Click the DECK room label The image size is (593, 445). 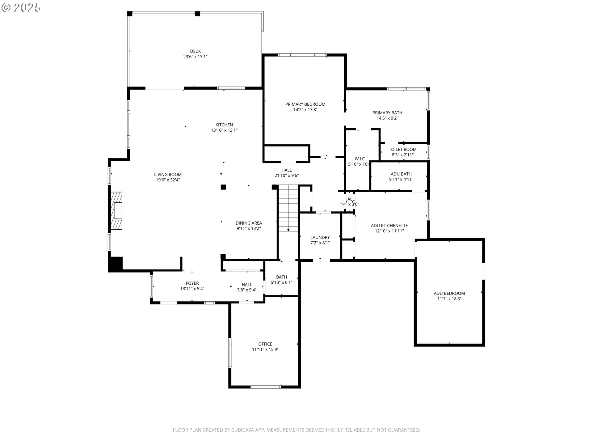coord(195,51)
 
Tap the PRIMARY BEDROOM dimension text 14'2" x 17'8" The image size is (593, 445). coord(305,110)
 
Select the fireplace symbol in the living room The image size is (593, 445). coord(116,210)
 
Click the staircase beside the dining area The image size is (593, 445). coord(288,208)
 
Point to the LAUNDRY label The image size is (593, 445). coord(320,237)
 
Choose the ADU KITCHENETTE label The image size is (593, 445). coord(389,226)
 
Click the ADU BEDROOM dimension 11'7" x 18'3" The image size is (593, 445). coord(449,299)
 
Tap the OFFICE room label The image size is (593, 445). coord(265,344)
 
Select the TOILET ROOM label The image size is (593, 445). coord(402,150)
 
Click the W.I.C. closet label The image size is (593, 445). coord(360,159)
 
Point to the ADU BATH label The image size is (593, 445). coord(401,174)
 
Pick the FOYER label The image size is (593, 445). coord(192,283)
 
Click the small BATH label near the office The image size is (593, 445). coord(281,277)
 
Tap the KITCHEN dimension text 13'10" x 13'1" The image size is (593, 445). coord(224,130)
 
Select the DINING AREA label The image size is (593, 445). coord(249,223)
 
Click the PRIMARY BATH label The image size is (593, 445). coord(387,113)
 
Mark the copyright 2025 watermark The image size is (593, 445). coord(21,8)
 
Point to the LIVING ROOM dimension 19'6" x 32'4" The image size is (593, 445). coord(168,180)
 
